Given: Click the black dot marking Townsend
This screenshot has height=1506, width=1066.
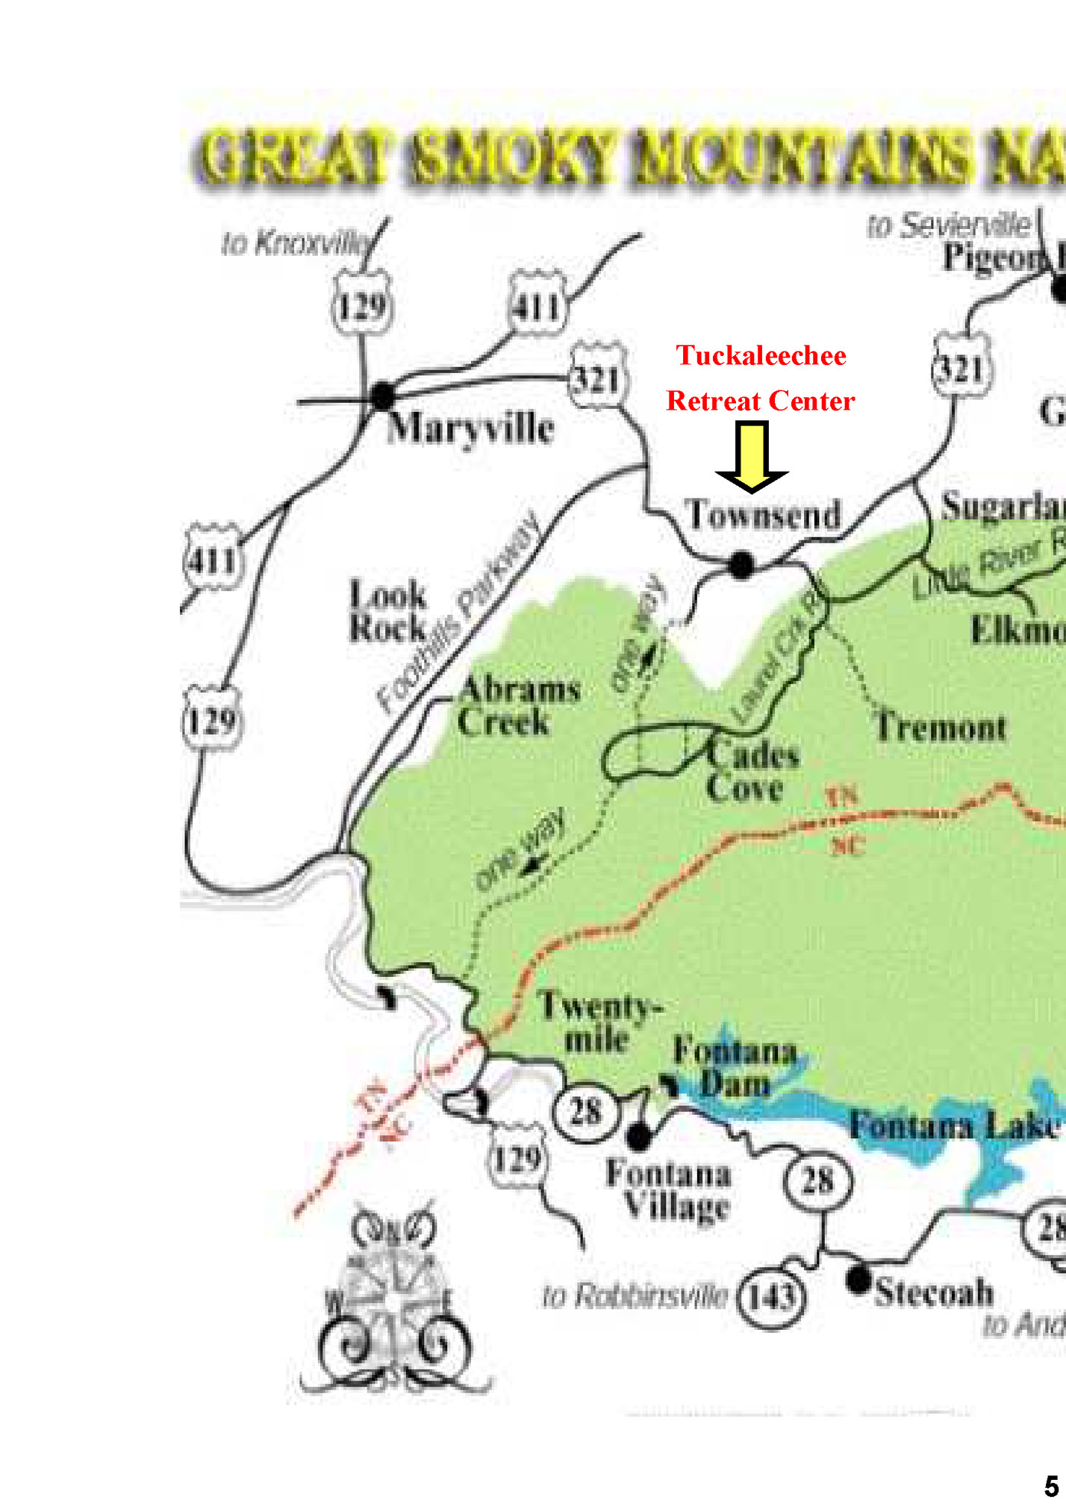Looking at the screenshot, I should pos(741,564).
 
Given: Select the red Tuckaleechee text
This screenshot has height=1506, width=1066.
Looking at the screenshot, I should pos(761,355).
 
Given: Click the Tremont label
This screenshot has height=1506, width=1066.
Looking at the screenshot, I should pos(941,727).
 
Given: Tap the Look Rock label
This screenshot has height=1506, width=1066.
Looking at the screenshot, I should pos(388,611).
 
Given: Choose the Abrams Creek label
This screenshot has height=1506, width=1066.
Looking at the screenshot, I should pos(518,705).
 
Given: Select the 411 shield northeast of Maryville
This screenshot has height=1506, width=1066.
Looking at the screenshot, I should pos(537,306).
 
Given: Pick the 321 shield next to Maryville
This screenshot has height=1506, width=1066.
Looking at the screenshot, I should pos(597,378).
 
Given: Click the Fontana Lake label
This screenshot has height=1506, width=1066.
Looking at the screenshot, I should pos(953,1125).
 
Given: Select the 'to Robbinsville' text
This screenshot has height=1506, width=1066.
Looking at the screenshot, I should pos(635,1296).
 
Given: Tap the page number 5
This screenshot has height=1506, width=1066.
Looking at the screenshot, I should pos(1051,1487).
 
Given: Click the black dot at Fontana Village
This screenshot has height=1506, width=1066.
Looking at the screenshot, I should pos(638,1137).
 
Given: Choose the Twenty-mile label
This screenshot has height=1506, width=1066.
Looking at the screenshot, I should pos(599,1022).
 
